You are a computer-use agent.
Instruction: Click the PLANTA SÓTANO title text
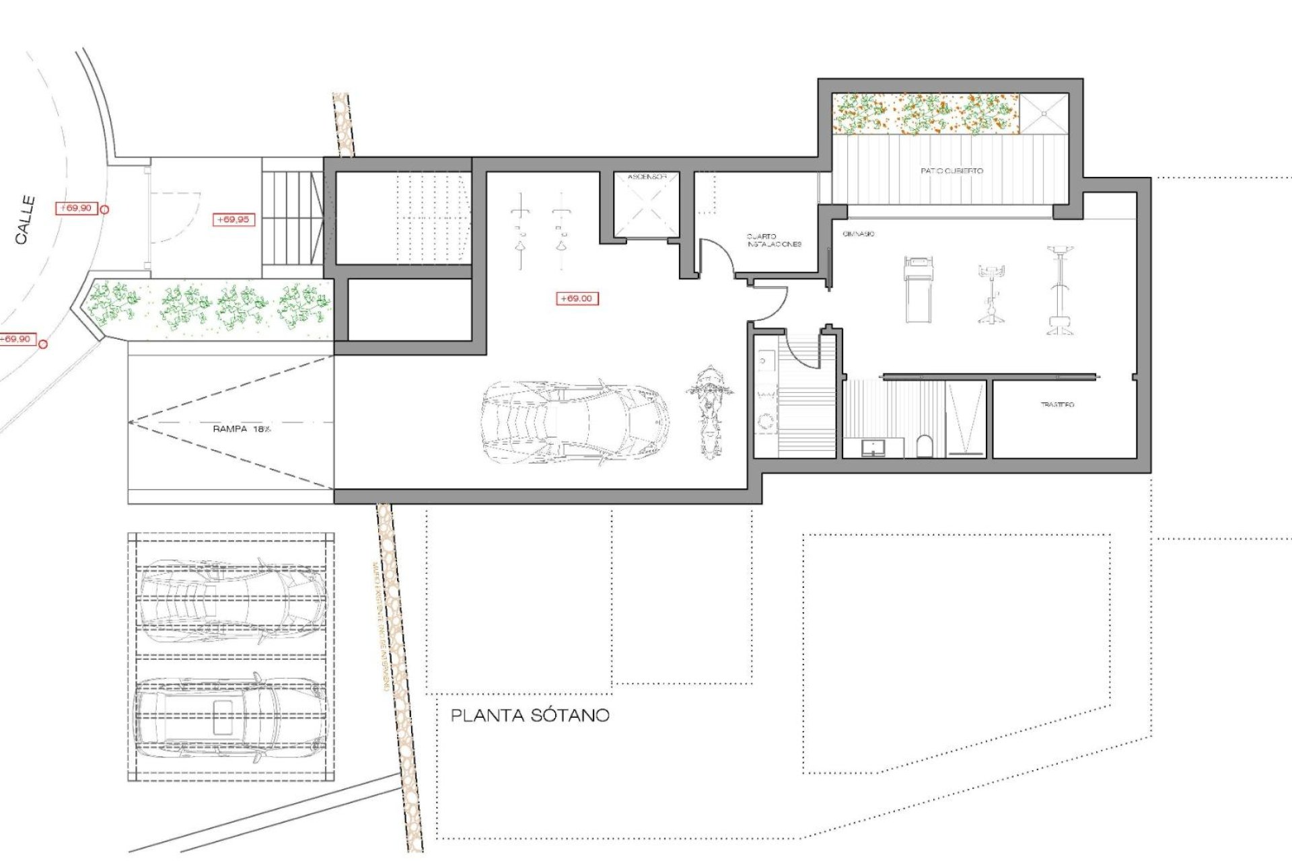pos(530,715)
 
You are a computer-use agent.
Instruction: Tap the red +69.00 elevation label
pos(577,298)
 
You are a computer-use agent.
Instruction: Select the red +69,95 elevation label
pos(233,219)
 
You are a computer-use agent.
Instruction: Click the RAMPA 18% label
pos(241,428)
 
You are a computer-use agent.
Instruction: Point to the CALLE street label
pos(26,219)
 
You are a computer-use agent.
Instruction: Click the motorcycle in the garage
pos(709,411)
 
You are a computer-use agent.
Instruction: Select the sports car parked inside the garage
pos(575,422)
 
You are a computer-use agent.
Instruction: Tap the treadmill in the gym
pos(919,289)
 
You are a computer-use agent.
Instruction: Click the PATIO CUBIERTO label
pos(951,171)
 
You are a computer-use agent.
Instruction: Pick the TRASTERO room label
pos(1057,404)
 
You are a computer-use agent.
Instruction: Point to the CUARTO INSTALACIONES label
pos(773,240)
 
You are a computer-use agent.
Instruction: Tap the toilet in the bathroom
pos(925,445)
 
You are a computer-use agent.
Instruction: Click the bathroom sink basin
pos(873,447)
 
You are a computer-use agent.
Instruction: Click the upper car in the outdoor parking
pos(232,599)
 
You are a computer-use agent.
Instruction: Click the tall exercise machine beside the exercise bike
pos(1060,290)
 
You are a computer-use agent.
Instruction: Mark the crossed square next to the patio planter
pos(1044,114)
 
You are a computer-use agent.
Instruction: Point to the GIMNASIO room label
pos(858,233)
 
